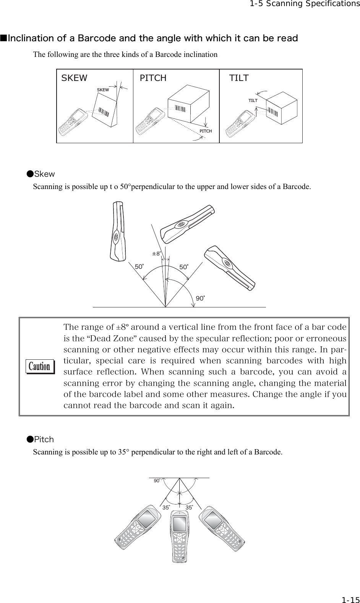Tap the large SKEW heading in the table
click(x=75, y=78)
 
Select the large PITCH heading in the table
click(x=153, y=78)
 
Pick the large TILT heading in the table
click(x=239, y=78)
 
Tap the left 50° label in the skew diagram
click(x=139, y=267)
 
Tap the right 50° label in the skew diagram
click(x=184, y=267)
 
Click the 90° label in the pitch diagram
click(x=157, y=481)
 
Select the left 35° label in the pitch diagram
click(x=166, y=508)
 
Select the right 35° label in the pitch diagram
click(x=190, y=508)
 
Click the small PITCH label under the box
click(x=206, y=131)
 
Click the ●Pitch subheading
click(x=40, y=440)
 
